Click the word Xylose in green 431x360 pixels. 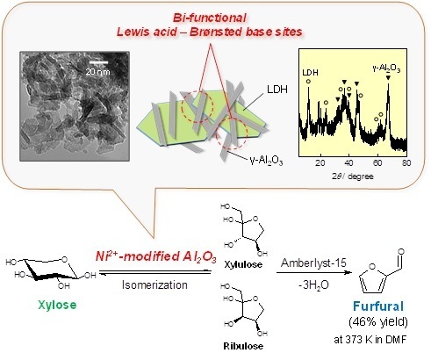click(x=57, y=305)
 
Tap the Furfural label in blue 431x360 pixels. click(x=378, y=306)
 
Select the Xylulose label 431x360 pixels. click(x=243, y=264)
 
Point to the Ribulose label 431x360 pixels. click(x=243, y=346)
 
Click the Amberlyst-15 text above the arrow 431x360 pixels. click(x=313, y=263)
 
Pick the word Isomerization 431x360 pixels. click(x=154, y=284)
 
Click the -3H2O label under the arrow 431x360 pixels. click(x=313, y=284)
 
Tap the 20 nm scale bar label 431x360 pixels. click(x=97, y=72)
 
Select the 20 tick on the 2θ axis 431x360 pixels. click(x=320, y=162)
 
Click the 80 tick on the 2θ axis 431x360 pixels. click(x=406, y=162)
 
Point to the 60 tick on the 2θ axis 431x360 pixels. click(x=377, y=162)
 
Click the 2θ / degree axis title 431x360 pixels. click(x=353, y=176)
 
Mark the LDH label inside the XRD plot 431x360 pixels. click(x=310, y=73)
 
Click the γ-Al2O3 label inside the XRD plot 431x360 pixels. click(x=386, y=68)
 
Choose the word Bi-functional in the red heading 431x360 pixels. click(x=210, y=18)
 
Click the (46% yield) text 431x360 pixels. click(x=378, y=322)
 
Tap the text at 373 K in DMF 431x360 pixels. click(x=370, y=340)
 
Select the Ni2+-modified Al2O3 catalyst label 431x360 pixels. click(x=156, y=256)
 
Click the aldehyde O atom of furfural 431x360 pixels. click(x=401, y=252)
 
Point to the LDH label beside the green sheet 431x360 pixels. click(x=277, y=90)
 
